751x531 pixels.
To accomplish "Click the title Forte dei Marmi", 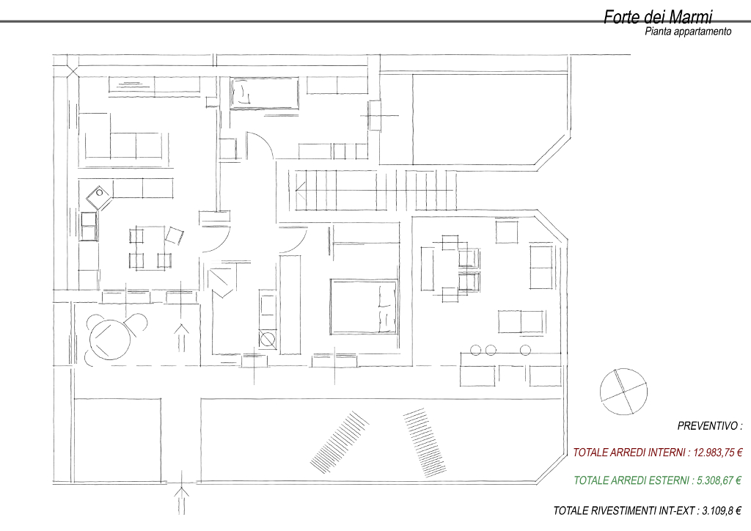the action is [x=658, y=17].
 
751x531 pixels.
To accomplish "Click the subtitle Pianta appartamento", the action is [x=688, y=32].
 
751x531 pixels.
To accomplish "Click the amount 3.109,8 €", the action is [x=722, y=511].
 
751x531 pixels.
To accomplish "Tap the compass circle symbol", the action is [x=623, y=392].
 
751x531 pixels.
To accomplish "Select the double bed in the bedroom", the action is [x=364, y=307].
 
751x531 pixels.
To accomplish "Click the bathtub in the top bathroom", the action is [x=264, y=93].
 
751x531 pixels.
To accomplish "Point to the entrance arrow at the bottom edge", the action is [x=182, y=500].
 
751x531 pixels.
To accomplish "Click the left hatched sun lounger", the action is [x=339, y=441].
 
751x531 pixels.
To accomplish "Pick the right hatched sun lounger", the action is [x=425, y=443].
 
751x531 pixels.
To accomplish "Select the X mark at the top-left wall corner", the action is [x=72, y=72].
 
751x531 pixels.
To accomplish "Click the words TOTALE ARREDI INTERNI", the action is [x=629, y=453].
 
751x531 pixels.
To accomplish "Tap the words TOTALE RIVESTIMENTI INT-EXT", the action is [x=624, y=511].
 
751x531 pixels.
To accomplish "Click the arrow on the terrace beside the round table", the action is [x=181, y=337].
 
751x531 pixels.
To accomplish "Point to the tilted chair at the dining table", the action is [x=175, y=235].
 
